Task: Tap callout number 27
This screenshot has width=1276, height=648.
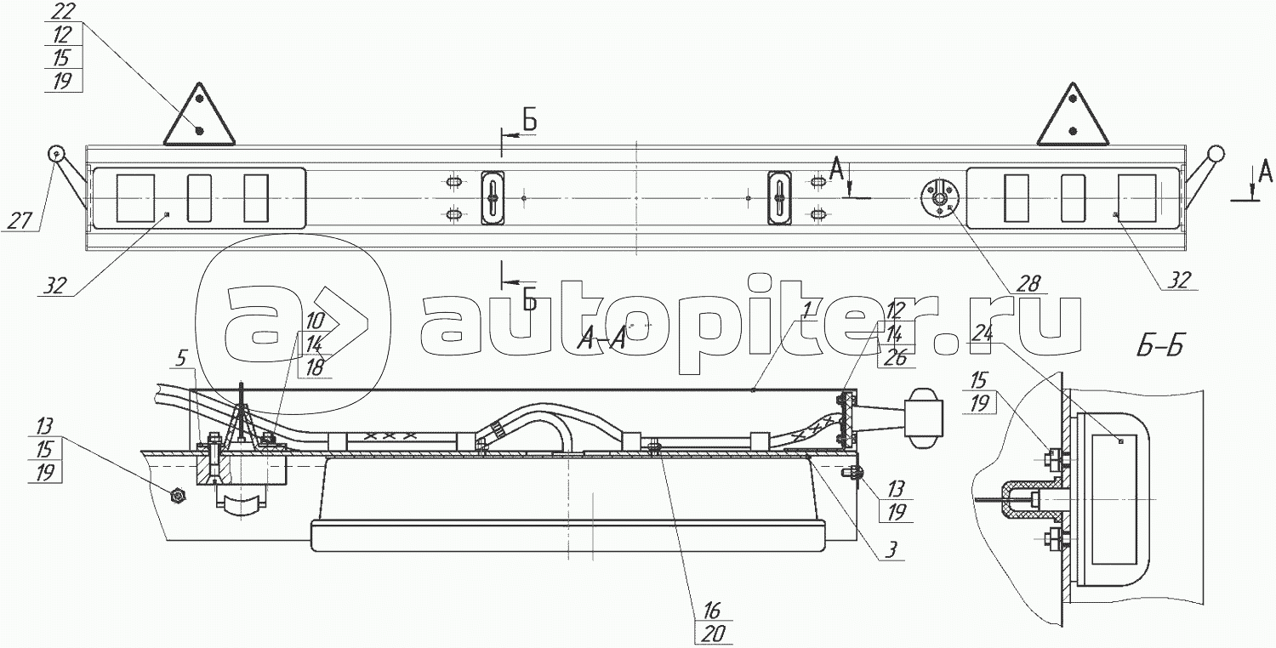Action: (20, 220)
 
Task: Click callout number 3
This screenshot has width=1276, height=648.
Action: (892, 549)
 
